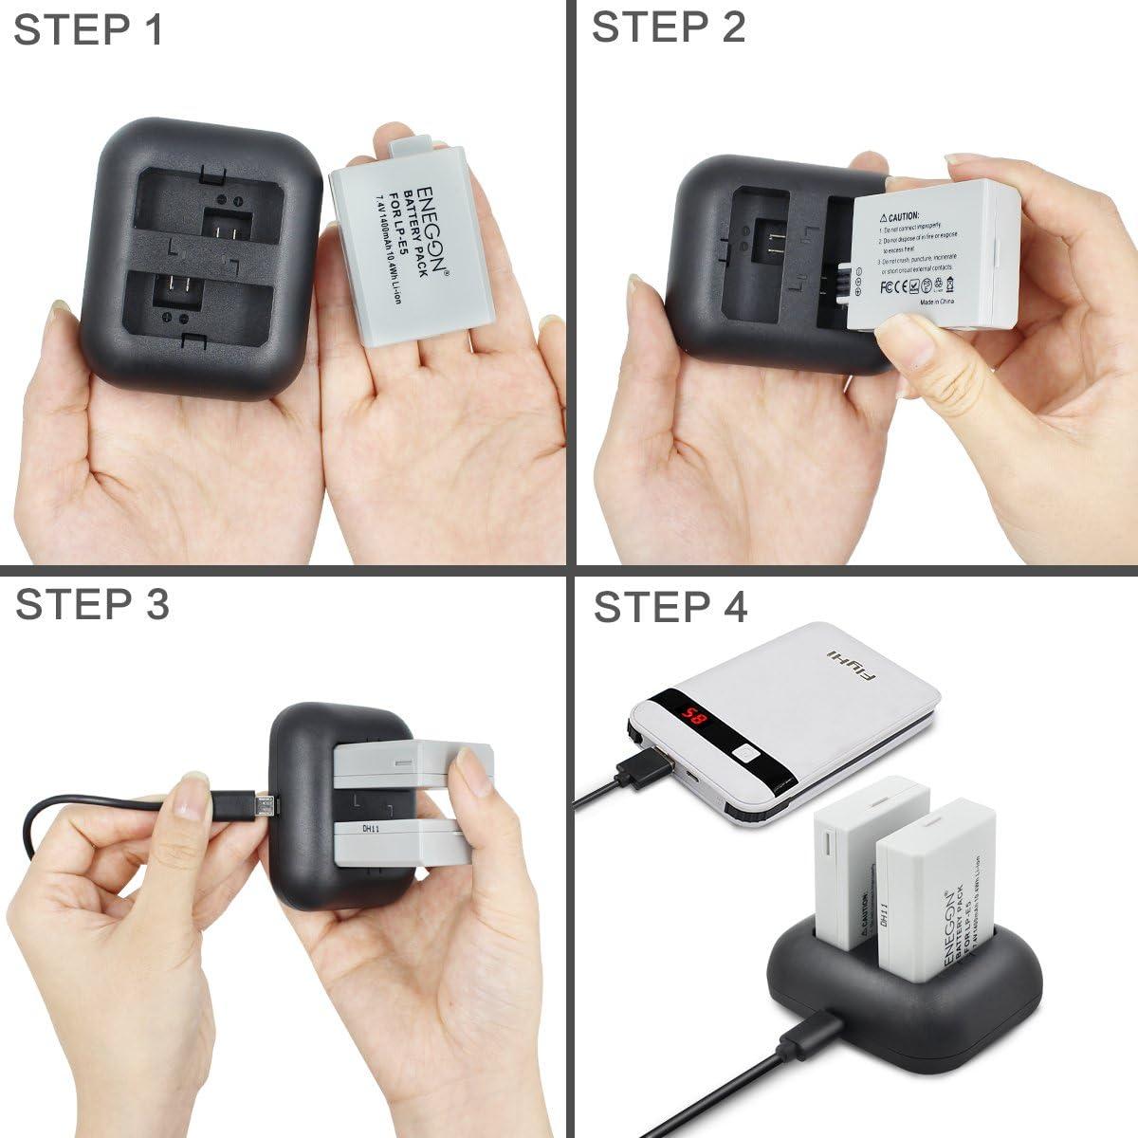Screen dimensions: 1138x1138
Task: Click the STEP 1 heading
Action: click(x=88, y=29)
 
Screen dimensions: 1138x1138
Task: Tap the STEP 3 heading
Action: click(x=92, y=604)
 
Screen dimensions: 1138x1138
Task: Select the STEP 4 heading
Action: click(x=670, y=607)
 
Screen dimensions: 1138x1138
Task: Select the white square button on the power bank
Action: click(x=745, y=755)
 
